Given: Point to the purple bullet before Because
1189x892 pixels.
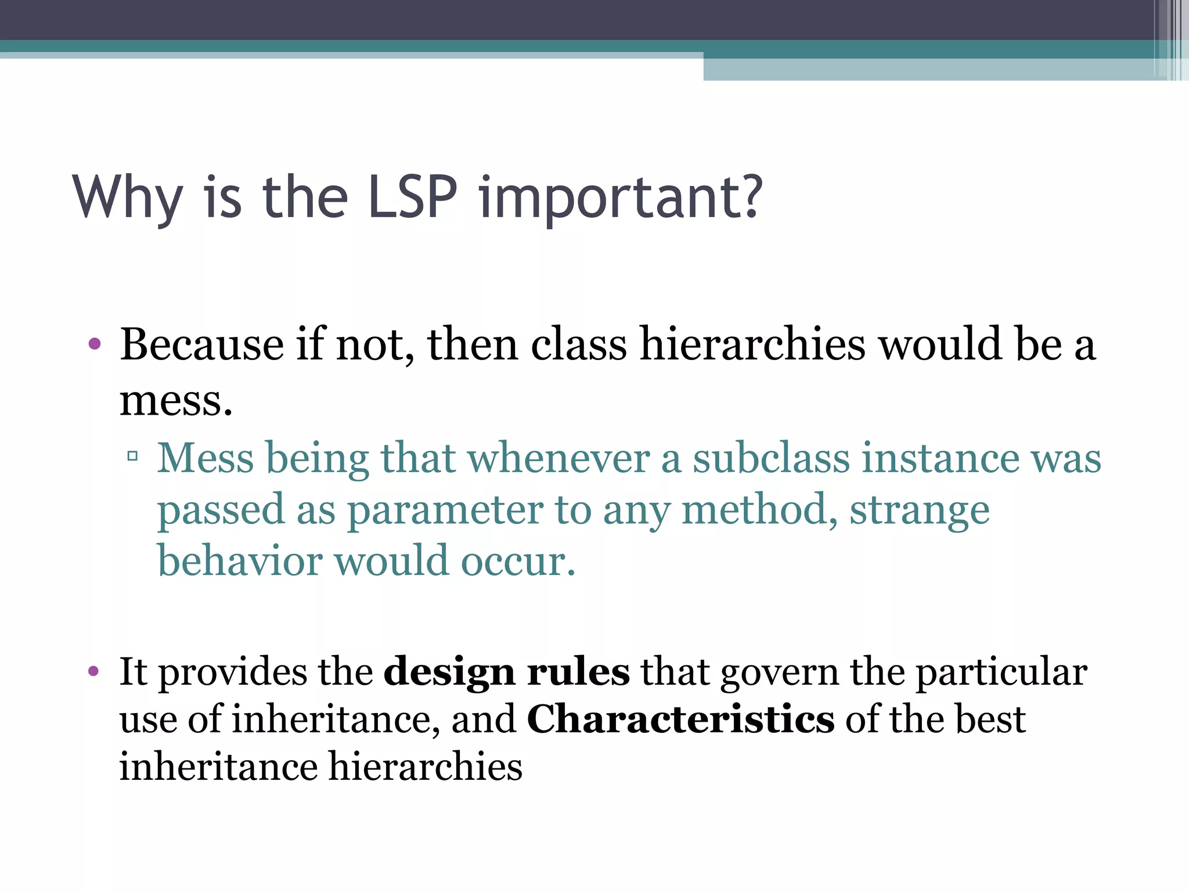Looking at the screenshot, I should pyautogui.click(x=95, y=344).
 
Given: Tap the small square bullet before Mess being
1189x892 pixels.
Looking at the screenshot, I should pyautogui.click(x=132, y=456).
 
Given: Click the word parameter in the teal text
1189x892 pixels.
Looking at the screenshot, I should pyautogui.click(x=445, y=510).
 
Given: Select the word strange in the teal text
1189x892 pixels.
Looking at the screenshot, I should pyautogui.click(x=920, y=510).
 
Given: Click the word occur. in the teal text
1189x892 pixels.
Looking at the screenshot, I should pyautogui.click(x=518, y=562).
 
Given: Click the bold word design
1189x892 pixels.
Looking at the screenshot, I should pyautogui.click(x=449, y=672).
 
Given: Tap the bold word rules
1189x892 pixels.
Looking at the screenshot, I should pyautogui.click(x=578, y=672).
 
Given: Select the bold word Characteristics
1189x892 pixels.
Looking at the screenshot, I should pyautogui.click(x=680, y=719).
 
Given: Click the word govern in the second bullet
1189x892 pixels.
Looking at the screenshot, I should pyautogui.click(x=780, y=672).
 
